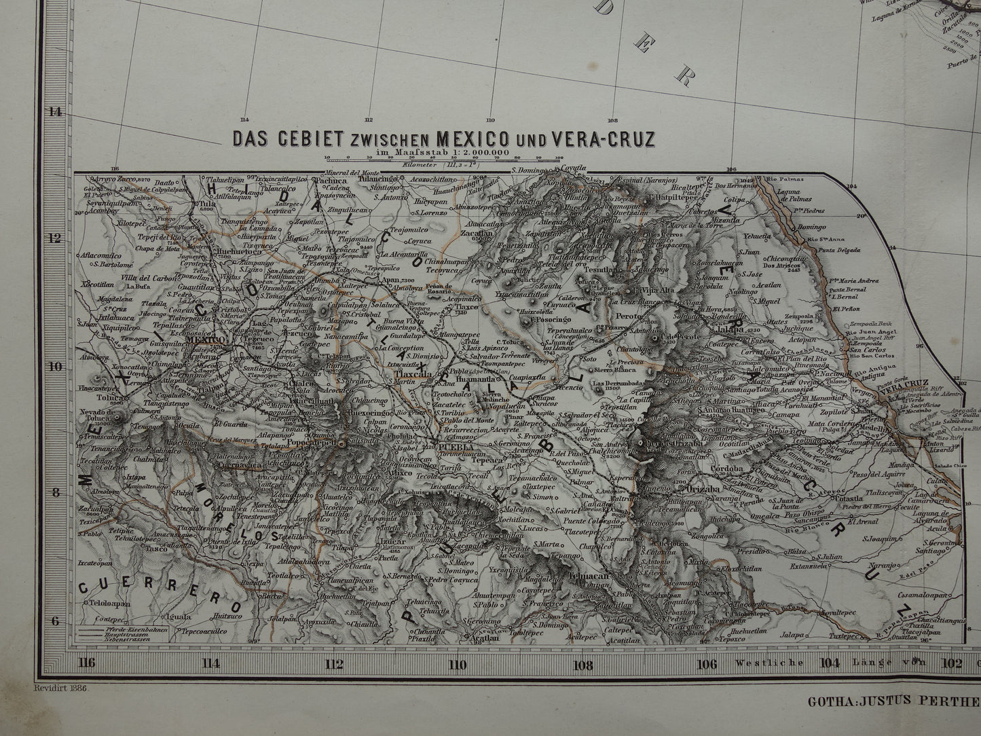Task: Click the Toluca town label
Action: coord(99,399)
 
